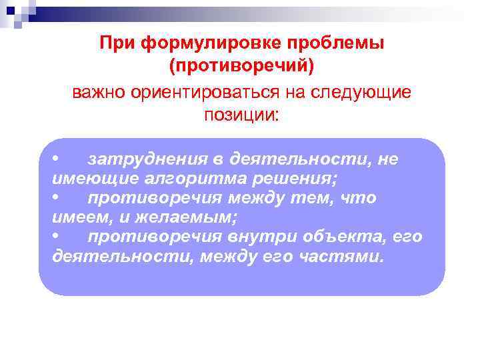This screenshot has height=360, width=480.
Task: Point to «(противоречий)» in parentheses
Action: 241,67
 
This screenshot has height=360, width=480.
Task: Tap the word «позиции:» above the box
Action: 242,115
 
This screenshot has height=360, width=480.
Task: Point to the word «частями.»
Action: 350,257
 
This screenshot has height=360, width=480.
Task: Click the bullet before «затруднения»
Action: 57,159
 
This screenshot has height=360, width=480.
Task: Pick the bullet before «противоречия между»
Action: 57,198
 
